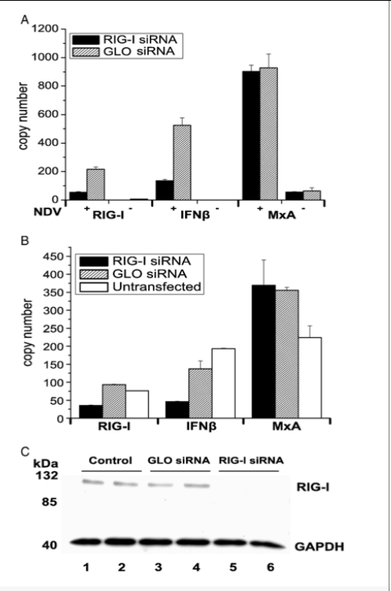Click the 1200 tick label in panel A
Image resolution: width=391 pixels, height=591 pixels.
pos(45,28)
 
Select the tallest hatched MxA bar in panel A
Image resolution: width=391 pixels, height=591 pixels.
pos(269,134)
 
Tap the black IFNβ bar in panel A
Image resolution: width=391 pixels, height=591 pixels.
pos(164,190)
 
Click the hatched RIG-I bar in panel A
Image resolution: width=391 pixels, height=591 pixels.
pos(96,184)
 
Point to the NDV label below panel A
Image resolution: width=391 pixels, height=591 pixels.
pos(47,212)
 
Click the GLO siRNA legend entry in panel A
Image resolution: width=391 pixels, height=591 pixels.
pos(124,51)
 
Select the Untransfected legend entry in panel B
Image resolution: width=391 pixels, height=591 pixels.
pos(141,287)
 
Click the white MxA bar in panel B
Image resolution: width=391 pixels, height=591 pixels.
pos(310,377)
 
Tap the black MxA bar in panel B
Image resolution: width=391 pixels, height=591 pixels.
pos(263,352)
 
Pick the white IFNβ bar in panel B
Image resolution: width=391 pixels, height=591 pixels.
pos(224,383)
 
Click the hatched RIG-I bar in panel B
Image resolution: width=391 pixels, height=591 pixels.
pos(114,401)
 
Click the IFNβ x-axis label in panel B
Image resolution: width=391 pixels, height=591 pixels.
pos(201,427)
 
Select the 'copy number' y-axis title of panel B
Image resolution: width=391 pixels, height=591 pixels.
pos(28,332)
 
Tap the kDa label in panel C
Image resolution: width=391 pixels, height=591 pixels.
pos(46,463)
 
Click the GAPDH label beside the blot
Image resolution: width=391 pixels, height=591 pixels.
pos(320,546)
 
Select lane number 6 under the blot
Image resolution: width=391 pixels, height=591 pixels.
pos(270,567)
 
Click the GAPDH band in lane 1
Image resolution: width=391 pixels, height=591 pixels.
pos(86,542)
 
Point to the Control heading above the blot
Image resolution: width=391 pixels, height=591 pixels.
pos(111,460)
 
